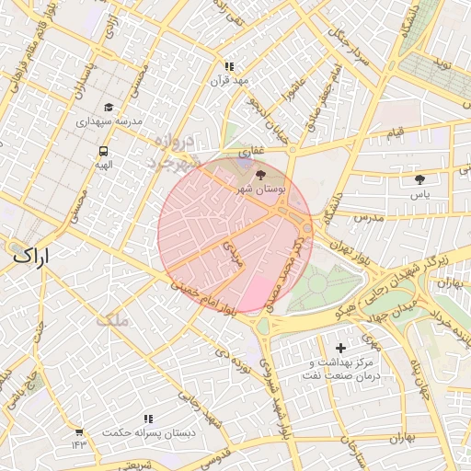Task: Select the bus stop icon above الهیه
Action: point(103,151)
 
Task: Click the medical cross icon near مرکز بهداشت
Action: point(341,348)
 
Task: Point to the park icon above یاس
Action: point(420,179)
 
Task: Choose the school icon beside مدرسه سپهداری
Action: point(109,107)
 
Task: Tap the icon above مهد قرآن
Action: point(229,66)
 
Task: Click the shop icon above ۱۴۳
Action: point(79,431)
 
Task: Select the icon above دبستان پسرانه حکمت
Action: point(148,419)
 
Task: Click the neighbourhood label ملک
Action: point(114,321)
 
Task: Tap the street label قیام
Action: point(395,133)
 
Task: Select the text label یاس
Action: point(420,195)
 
